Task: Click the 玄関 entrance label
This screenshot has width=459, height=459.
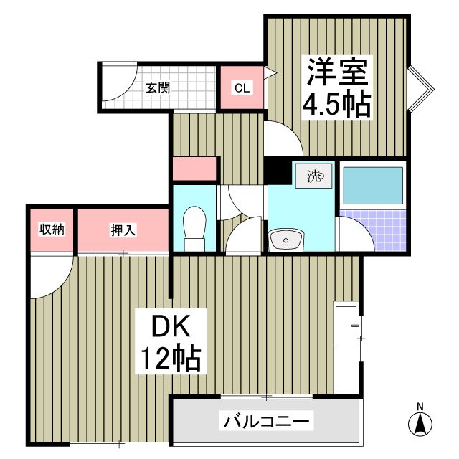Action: tap(157, 89)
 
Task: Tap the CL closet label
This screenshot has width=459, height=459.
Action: tap(242, 89)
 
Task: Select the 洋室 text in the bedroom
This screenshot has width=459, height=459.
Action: tap(337, 72)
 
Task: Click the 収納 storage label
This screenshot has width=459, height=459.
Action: tap(52, 229)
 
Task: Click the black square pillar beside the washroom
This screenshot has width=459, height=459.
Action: tap(277, 172)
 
